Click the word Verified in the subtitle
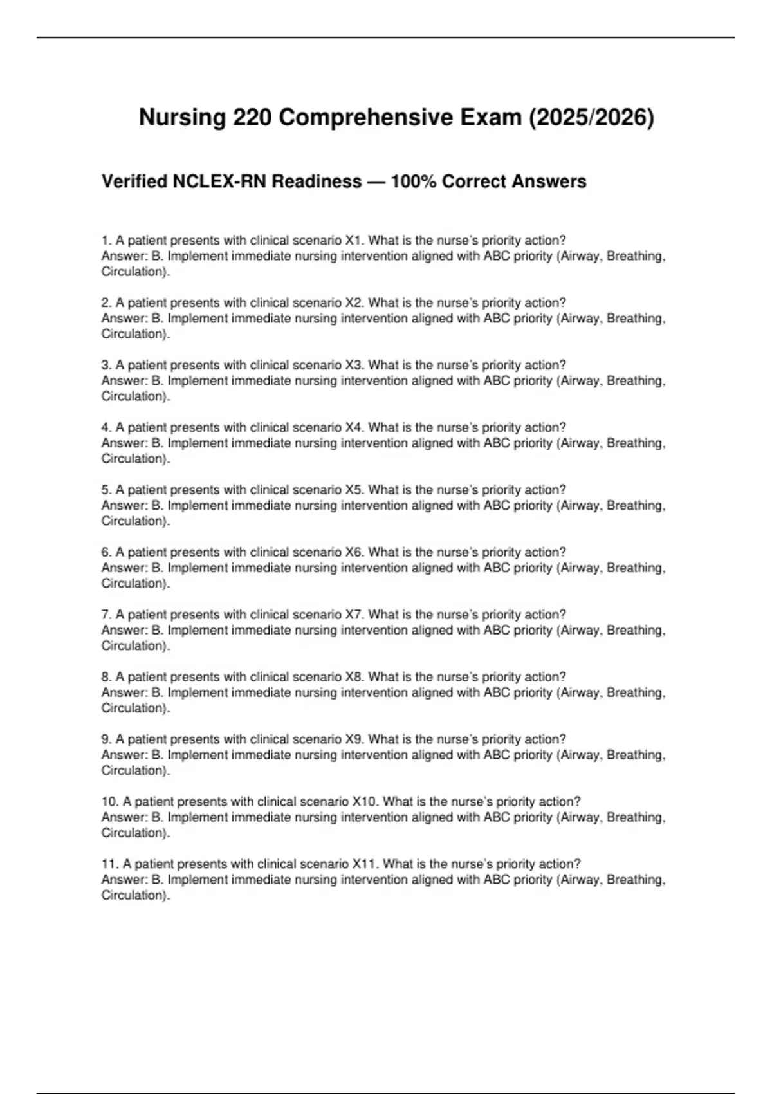(x=134, y=182)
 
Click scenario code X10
(x=365, y=802)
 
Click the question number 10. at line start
(x=109, y=802)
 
